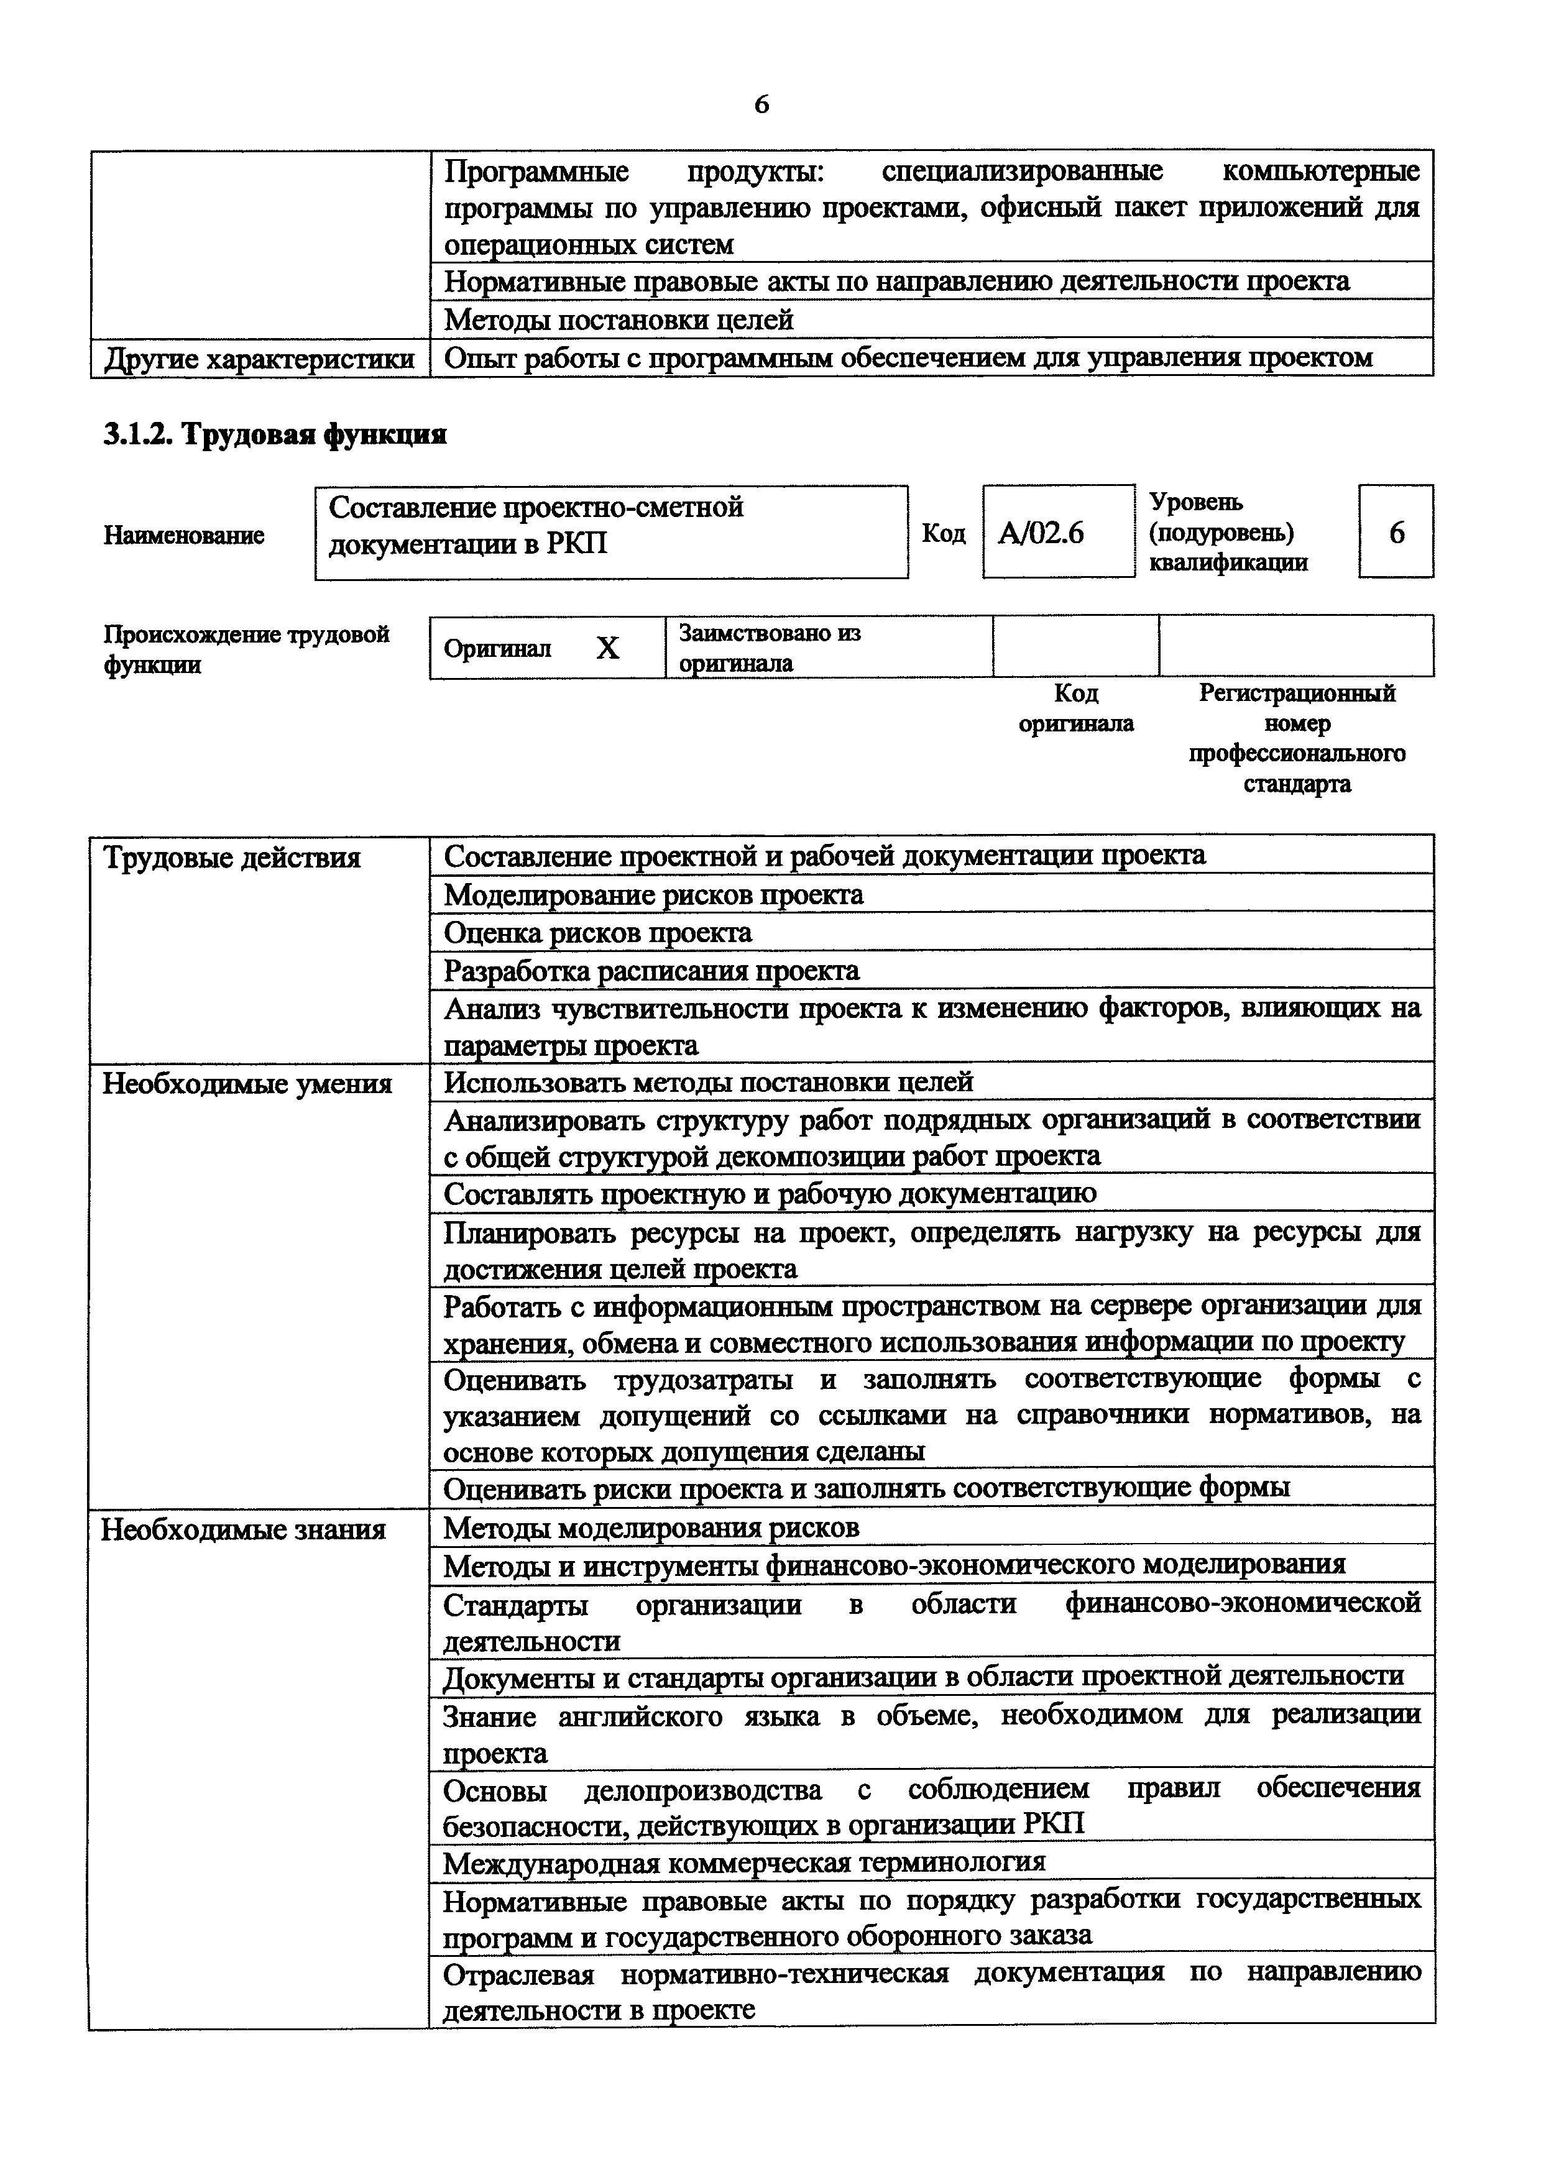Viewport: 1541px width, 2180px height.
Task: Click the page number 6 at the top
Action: coord(761,104)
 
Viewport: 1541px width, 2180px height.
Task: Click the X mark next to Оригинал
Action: coord(608,648)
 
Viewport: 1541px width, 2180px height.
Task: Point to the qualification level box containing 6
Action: coord(1396,533)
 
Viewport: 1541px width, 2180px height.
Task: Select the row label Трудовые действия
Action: coord(232,858)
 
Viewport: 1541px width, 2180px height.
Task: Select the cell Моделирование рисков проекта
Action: coord(653,894)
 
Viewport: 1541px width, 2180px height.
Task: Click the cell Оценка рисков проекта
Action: coord(598,932)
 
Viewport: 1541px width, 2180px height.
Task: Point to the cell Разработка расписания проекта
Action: coord(651,970)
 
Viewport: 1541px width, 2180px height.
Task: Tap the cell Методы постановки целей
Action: coord(618,320)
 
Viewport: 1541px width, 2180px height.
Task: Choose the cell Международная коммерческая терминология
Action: coord(744,1861)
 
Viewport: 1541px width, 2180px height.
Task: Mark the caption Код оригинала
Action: coord(1076,708)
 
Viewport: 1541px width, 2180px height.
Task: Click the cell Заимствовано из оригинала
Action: coord(769,648)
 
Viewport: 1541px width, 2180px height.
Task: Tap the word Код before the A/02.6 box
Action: coord(943,534)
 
